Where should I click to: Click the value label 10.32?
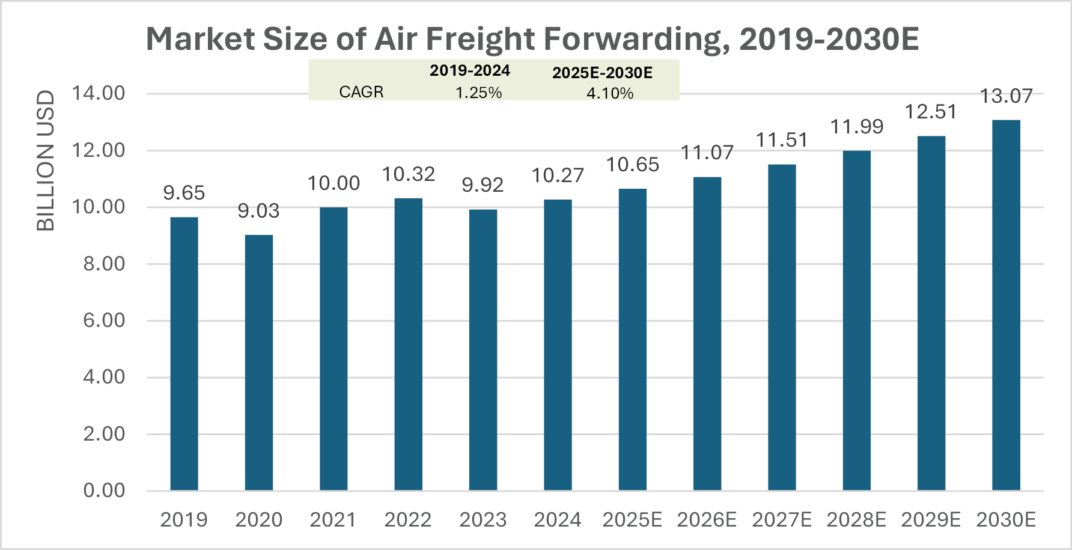tap(409, 174)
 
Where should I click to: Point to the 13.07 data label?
tap(1006, 96)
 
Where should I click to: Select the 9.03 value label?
tap(259, 211)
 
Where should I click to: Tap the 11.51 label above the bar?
tap(782, 140)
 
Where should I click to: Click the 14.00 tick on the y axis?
tap(98, 93)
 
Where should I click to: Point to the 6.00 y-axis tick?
tap(104, 320)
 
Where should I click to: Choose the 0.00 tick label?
tap(104, 490)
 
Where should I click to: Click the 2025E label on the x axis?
tap(632, 520)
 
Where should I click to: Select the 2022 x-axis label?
tap(409, 520)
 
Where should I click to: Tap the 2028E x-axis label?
tap(856, 520)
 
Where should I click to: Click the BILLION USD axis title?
tap(46, 160)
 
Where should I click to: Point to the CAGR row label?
tap(361, 92)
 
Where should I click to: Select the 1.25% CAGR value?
tap(478, 93)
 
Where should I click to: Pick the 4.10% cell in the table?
tap(610, 93)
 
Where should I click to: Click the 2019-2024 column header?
tap(470, 70)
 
